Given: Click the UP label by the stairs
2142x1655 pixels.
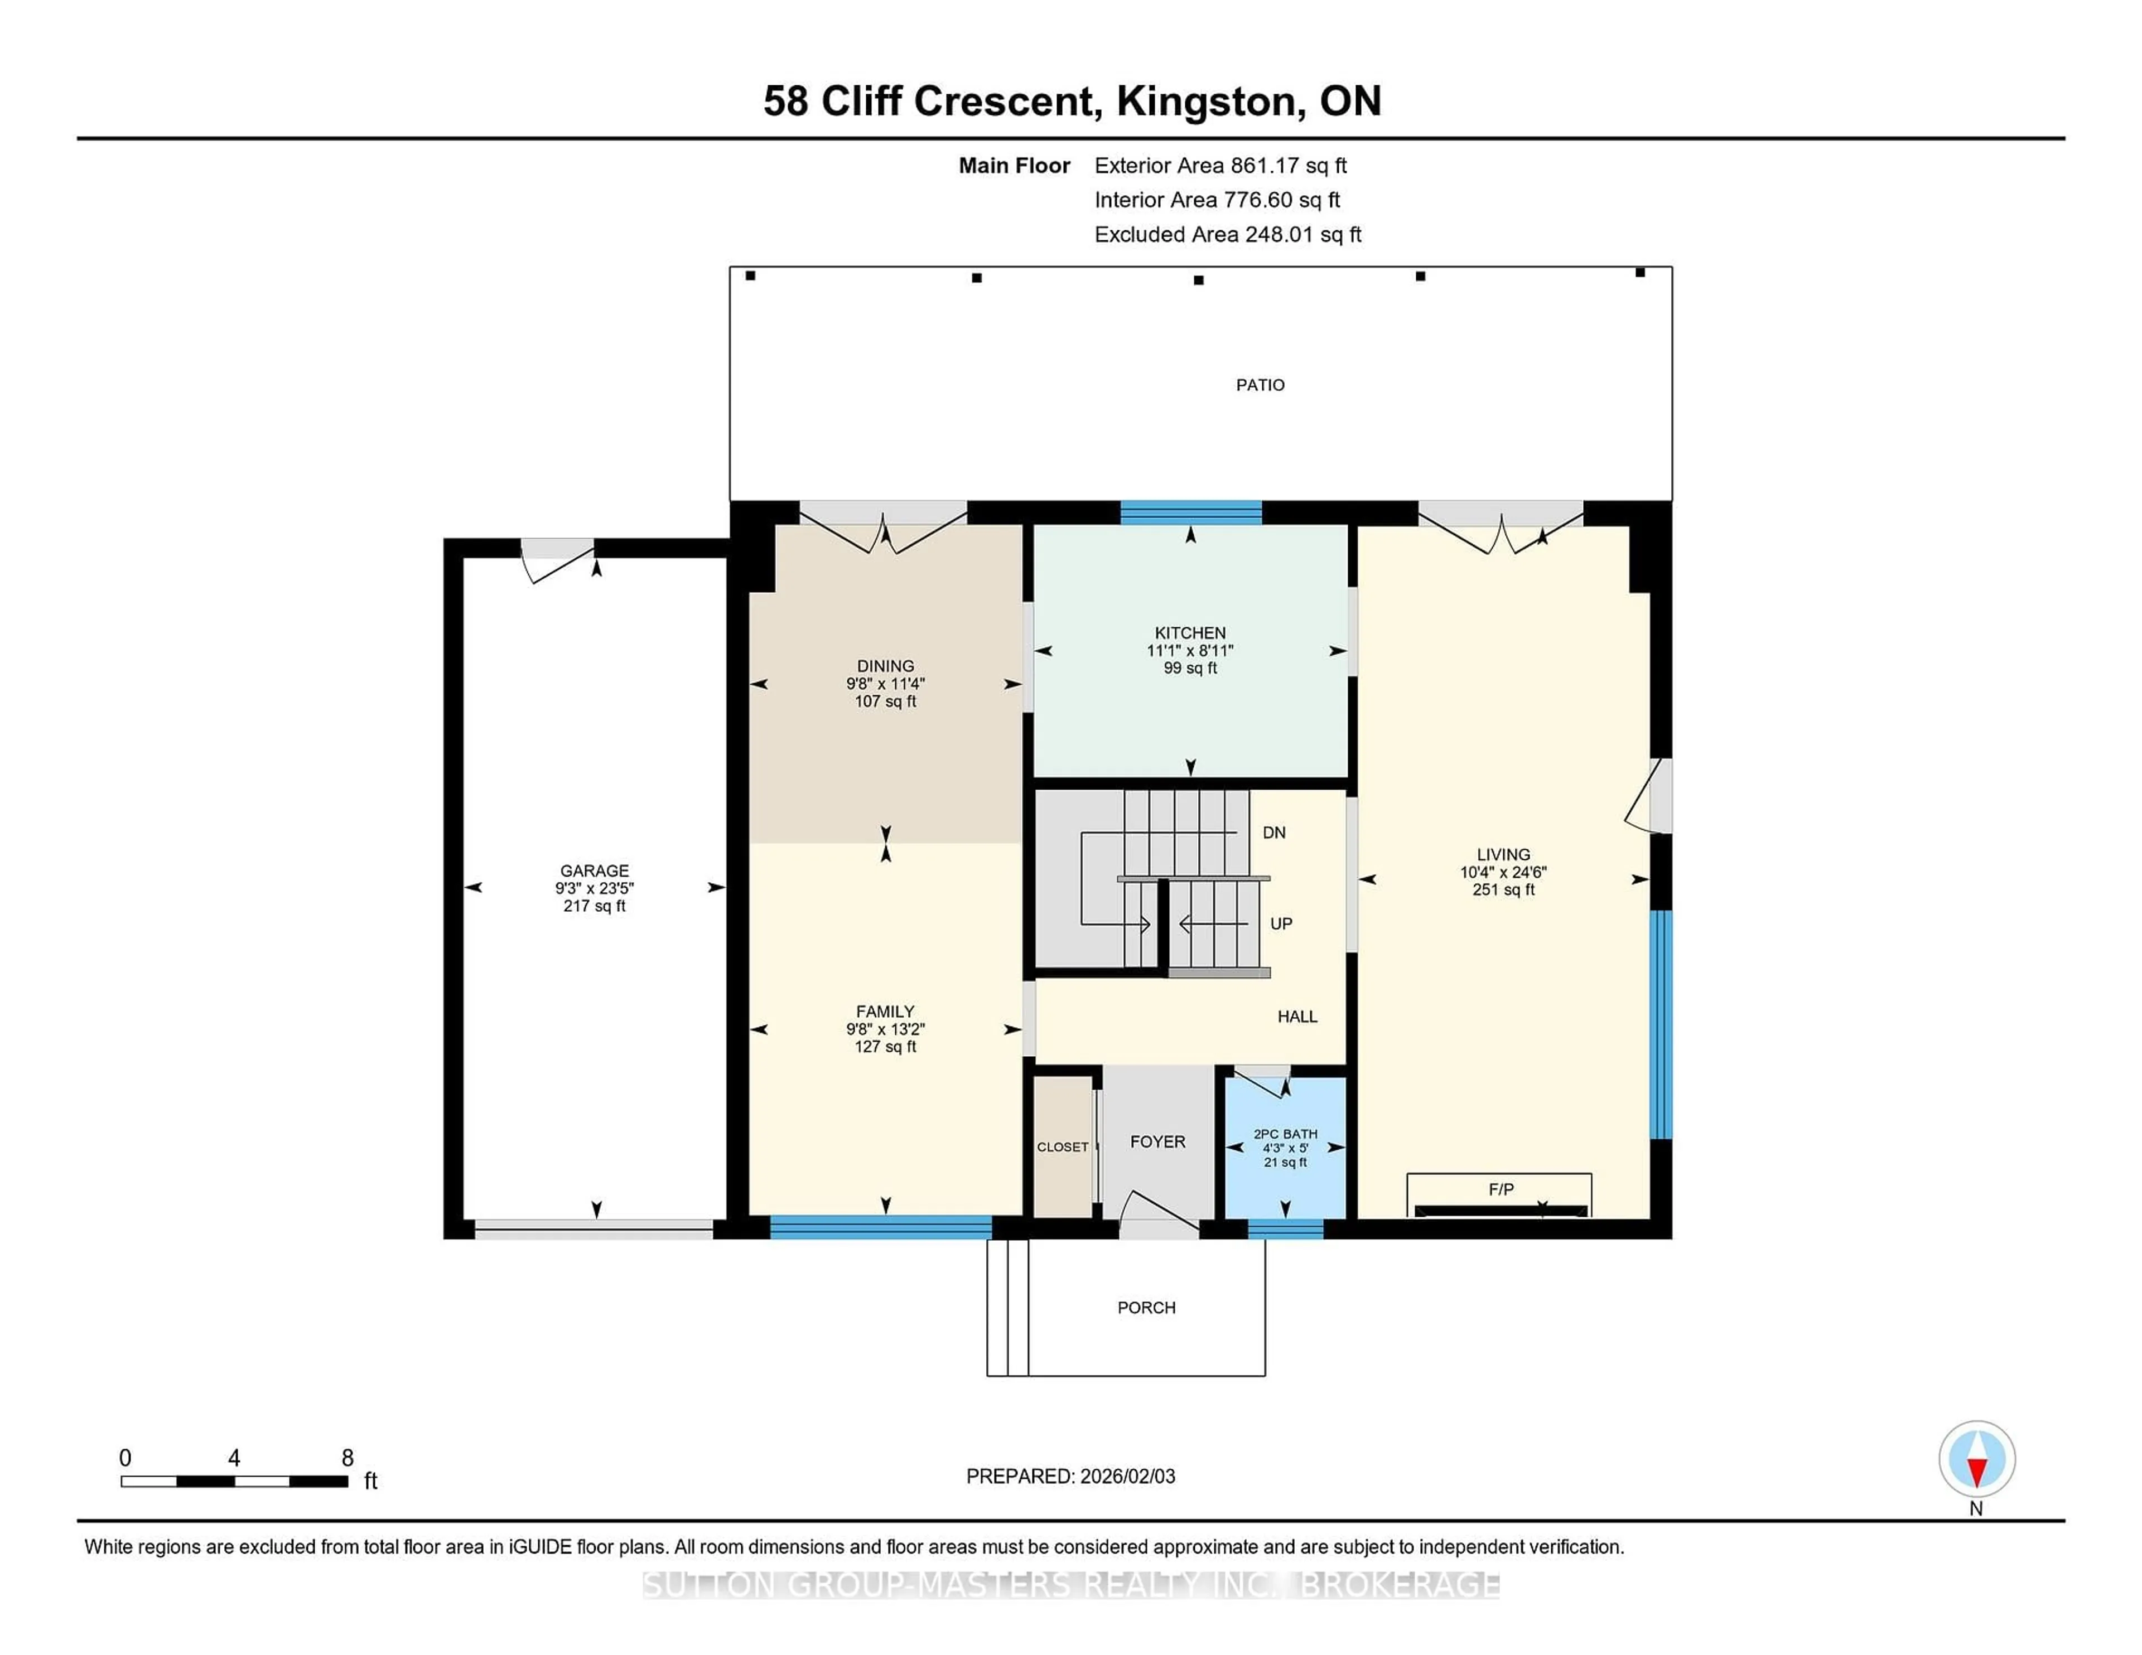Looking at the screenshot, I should (1281, 923).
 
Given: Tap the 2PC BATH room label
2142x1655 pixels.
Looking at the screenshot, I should (1285, 1134).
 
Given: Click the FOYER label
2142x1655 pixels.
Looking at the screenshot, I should (1157, 1142).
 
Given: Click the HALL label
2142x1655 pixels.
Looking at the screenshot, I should (1296, 1017).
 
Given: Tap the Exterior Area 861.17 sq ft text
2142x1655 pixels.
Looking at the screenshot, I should (1220, 166).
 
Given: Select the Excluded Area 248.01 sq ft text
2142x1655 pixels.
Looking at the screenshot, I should (1227, 234).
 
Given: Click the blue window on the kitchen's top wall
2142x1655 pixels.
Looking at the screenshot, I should (1191, 512).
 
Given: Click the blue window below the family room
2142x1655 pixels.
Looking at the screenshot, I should (881, 1227).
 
